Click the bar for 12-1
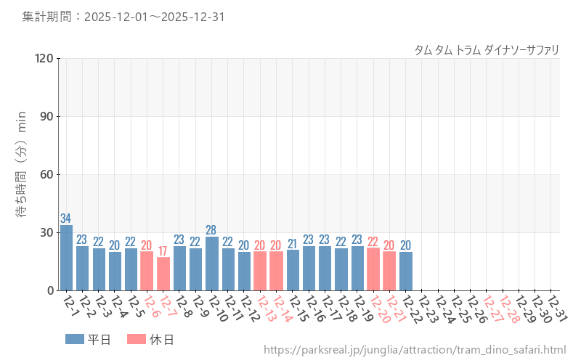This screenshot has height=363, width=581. [x=66, y=258]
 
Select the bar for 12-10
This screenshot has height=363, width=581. [x=212, y=264]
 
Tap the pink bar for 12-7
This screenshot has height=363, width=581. [x=163, y=274]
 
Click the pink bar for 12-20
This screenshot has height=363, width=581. [x=373, y=269]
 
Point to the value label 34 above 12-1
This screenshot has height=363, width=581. [x=66, y=219]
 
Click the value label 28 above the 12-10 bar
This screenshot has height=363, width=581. [x=212, y=230]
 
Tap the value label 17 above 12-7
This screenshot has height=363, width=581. [x=163, y=251]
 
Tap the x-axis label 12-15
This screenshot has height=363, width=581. [x=298, y=308]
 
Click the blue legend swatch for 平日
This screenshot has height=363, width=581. [x=74, y=339]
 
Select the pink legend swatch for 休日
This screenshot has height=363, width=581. [x=136, y=339]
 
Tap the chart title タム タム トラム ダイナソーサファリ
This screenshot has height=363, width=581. [x=487, y=50]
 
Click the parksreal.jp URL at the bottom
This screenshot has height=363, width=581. [x=415, y=351]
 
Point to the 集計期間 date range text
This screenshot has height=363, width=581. [x=123, y=17]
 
